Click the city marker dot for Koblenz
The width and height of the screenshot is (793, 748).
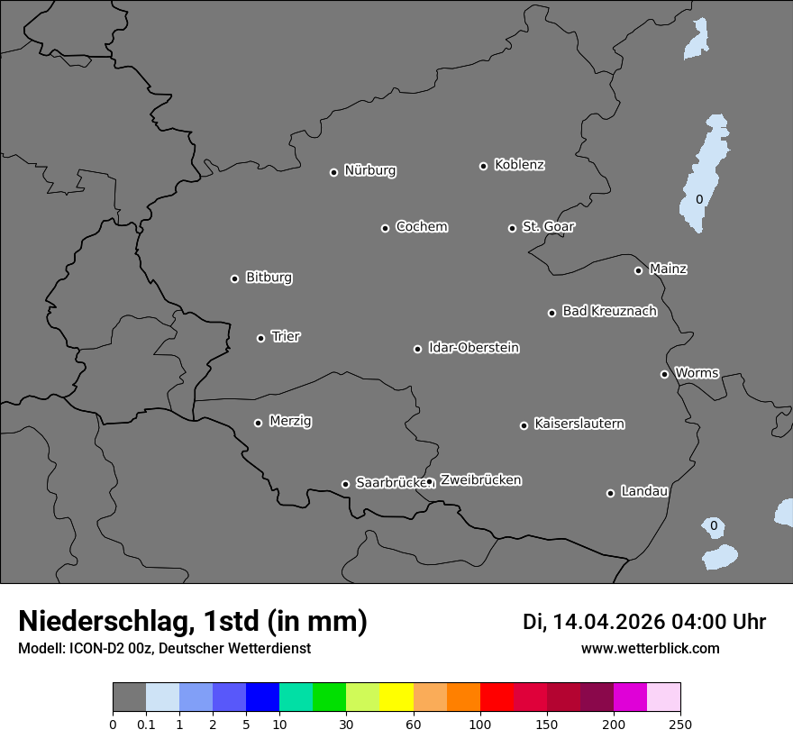[483, 166]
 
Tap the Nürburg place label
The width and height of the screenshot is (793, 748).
[369, 170]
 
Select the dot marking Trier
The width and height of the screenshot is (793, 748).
[261, 338]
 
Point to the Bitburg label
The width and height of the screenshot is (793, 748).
[269, 278]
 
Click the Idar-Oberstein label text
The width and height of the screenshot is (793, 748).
[473, 348]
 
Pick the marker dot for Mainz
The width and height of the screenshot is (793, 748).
[638, 270]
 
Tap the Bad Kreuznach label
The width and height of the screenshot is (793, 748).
[609, 311]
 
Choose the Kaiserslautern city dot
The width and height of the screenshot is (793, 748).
[524, 425]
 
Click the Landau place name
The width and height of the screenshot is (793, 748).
[644, 491]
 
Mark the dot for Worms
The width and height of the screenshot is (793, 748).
[664, 374]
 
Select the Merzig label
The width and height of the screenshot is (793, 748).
[290, 421]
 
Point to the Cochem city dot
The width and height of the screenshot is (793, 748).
[385, 228]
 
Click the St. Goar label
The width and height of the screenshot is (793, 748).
[548, 226]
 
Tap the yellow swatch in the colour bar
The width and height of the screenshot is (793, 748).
[396, 698]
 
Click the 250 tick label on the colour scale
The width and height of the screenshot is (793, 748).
[680, 724]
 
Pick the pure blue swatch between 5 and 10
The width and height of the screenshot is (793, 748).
[262, 698]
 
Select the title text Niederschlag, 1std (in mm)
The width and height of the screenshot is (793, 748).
[193, 621]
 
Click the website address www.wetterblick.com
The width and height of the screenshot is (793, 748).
[650, 648]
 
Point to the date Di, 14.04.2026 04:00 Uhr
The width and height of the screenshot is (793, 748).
[644, 622]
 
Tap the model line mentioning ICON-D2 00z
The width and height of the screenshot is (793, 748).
[164, 648]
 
